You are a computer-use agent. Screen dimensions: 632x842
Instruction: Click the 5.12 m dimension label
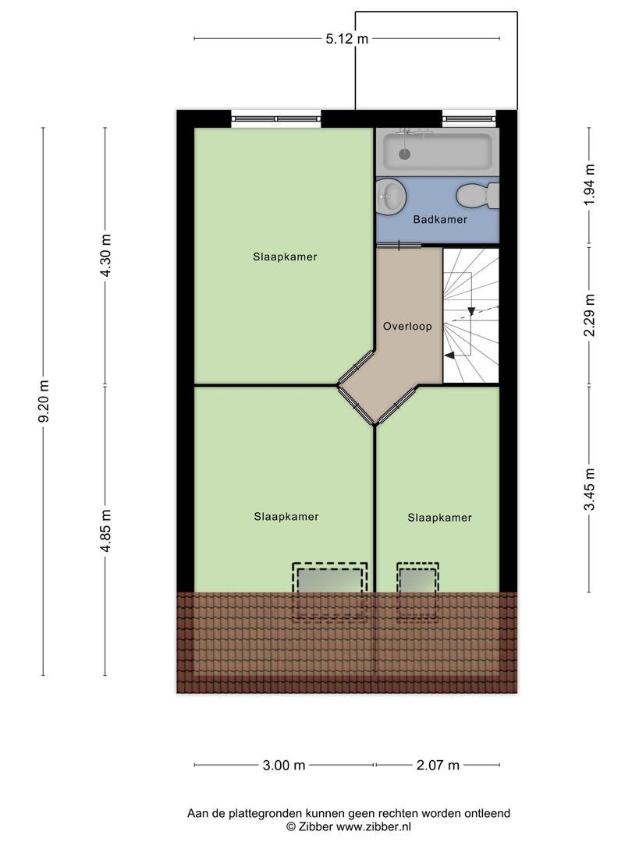347,39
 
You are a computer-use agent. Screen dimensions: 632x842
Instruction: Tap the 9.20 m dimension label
44,401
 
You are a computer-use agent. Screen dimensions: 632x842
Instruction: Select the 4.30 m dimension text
106,256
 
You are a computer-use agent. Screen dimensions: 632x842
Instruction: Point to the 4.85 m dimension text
106,531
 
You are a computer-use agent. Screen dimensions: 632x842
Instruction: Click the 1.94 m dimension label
590,184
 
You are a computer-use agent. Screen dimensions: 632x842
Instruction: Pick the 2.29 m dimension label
590,315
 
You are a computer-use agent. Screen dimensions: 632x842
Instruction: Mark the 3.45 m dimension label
590,490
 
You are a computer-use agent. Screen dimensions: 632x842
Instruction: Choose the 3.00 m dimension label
284,766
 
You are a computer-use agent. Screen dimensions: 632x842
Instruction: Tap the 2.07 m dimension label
438,766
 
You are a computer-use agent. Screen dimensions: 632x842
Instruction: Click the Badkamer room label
440,219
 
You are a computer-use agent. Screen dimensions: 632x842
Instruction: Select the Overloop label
407,326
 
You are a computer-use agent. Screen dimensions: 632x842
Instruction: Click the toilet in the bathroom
478,196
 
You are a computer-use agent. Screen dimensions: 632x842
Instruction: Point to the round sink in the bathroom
391,196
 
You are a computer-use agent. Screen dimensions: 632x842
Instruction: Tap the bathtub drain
405,154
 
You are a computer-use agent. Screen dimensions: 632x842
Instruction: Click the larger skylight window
330,591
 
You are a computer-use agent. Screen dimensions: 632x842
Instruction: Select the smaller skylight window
417,591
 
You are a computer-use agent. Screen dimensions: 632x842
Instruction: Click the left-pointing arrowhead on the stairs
449,355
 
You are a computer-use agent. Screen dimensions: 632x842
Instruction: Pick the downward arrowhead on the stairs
471,311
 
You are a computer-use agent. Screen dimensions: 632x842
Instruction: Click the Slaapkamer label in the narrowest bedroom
439,518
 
